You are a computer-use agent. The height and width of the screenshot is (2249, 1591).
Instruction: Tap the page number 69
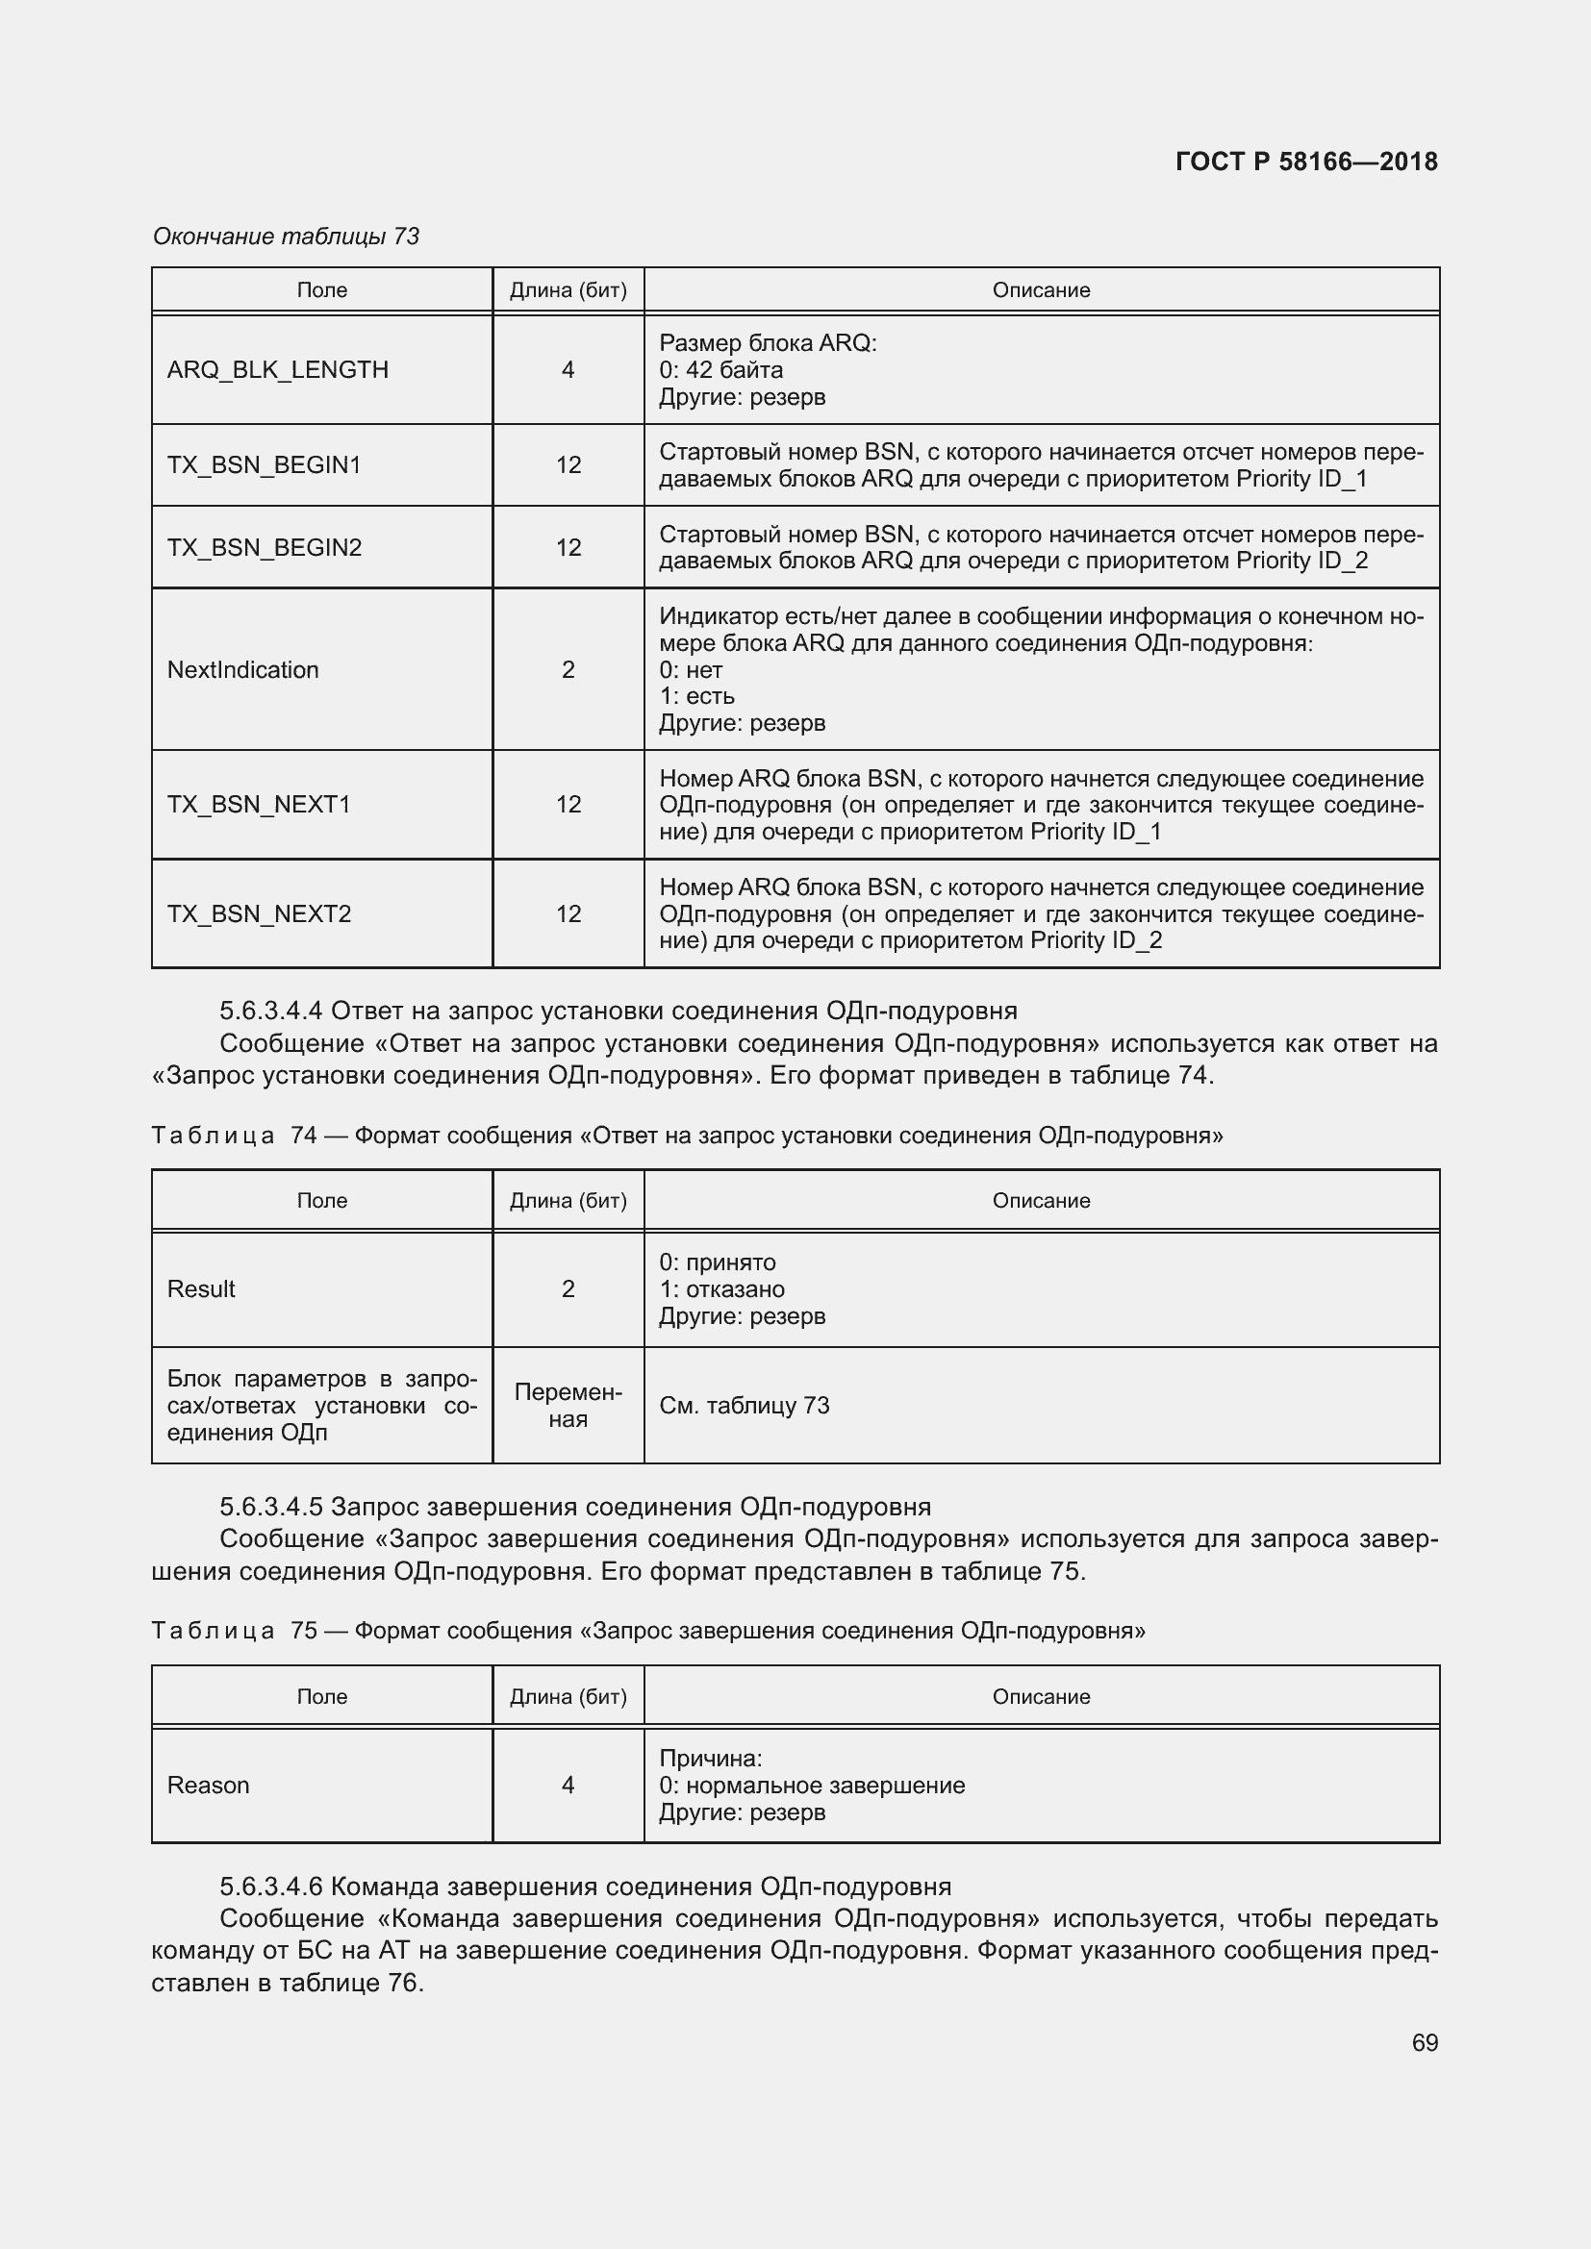[1425, 2042]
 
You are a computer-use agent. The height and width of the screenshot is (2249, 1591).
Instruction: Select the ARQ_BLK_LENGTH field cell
[277, 370]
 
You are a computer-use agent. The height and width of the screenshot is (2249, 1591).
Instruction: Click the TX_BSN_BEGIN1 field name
[264, 465]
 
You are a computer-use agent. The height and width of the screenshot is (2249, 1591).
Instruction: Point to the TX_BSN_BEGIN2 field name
[264, 547]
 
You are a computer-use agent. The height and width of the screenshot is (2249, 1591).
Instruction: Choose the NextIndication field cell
[243, 670]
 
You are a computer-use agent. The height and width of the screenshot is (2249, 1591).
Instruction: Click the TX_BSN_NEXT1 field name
[259, 804]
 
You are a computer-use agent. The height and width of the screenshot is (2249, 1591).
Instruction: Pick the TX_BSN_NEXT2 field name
[259, 913]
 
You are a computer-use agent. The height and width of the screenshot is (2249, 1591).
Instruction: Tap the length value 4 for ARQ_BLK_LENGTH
[568, 370]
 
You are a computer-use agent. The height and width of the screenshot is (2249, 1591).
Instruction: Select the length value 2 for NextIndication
[568, 670]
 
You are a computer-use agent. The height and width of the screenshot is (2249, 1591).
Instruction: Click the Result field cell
[201, 1289]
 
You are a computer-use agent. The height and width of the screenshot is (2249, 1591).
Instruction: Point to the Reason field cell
[208, 1785]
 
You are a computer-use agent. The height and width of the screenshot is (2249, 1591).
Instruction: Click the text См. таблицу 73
[744, 1406]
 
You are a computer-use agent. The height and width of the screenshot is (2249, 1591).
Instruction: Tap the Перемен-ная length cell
[568, 1406]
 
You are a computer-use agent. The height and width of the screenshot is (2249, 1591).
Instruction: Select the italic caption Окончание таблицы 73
[286, 237]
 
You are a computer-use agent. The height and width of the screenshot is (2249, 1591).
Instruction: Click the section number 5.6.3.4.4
[271, 1010]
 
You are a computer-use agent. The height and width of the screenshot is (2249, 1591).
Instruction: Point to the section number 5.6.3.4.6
[271, 1887]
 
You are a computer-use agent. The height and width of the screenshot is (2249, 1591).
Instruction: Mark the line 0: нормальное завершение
[811, 1785]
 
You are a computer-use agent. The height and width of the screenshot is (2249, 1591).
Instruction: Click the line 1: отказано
[721, 1289]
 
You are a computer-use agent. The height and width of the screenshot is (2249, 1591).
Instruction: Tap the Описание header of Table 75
[1041, 1696]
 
